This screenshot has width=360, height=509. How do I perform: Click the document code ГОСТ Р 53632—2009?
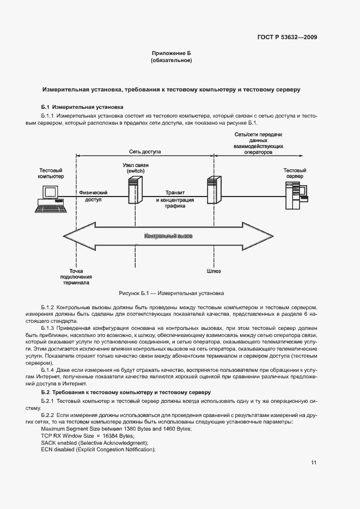coord(287,38)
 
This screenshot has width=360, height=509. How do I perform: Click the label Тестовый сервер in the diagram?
coord(295,174)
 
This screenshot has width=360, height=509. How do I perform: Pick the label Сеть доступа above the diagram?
coord(145,152)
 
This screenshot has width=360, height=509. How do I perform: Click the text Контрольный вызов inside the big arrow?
coord(168,236)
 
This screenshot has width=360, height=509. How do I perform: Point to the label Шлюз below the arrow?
coord(213,270)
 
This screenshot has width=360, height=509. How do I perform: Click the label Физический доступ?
coord(93,196)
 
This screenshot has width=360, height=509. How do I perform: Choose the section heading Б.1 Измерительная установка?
coord(83,107)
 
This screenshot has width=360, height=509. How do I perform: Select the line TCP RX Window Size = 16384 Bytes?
coord(87,436)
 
